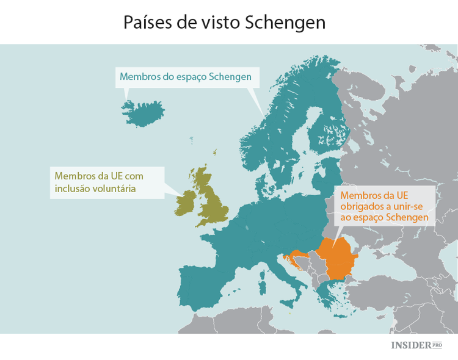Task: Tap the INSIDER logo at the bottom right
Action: (x=410, y=345)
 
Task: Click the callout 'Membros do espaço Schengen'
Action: (x=186, y=77)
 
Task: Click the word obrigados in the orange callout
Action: (x=366, y=206)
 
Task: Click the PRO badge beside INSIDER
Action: (x=437, y=345)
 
